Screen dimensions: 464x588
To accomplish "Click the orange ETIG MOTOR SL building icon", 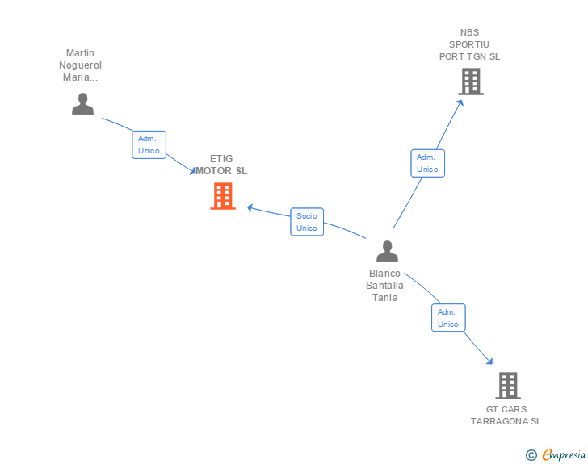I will tap(223, 196).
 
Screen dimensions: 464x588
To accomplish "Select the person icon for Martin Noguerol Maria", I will tap(82, 104).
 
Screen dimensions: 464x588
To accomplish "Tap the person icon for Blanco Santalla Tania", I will tap(388, 252).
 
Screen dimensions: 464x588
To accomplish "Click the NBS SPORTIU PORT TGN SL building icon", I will tap(471, 82).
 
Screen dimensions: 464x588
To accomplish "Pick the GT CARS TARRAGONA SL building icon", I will tap(507, 386).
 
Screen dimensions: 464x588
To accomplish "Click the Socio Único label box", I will tap(307, 222).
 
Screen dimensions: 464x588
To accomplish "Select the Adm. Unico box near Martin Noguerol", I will tap(149, 144).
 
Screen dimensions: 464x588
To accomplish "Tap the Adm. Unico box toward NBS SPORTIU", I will tap(427, 163).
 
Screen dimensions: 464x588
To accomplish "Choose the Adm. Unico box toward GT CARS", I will tap(448, 318).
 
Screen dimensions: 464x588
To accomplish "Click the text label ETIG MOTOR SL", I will tap(221, 165).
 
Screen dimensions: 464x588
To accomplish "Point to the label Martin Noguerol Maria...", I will tap(80, 65).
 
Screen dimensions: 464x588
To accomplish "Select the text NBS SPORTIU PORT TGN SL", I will tap(470, 45).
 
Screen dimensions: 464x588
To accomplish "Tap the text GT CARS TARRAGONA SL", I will tap(506, 415).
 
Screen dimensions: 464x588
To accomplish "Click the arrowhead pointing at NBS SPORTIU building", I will tap(461, 102).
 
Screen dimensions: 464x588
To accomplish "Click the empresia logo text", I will tap(564, 455).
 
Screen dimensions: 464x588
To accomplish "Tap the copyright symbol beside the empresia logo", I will tap(531, 455).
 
